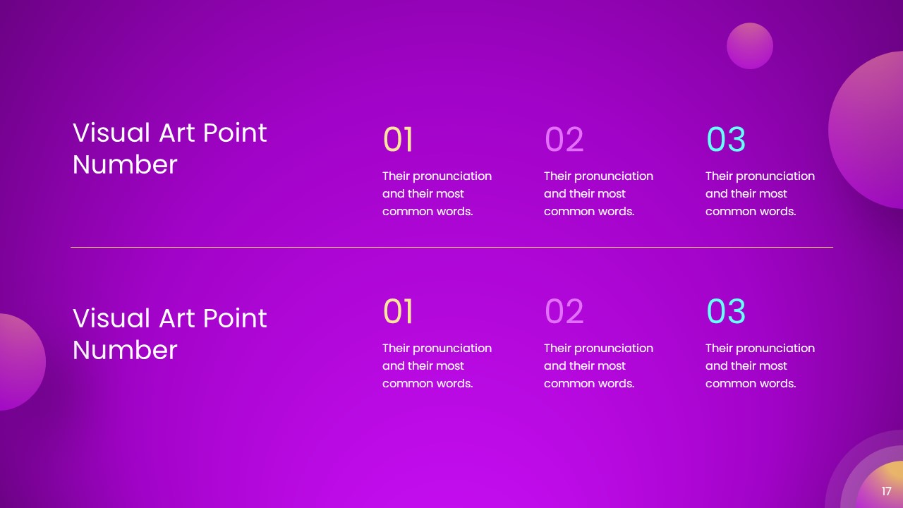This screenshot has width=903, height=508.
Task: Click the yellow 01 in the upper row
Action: point(398,140)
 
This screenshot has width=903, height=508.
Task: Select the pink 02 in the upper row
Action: point(564,140)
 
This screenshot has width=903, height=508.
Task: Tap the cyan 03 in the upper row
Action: point(726,140)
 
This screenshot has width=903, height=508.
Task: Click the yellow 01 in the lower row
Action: point(398,312)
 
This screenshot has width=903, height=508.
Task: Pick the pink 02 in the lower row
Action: point(564,312)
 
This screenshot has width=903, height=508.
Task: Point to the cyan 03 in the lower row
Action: point(726,312)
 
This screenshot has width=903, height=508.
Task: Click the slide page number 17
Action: point(887,492)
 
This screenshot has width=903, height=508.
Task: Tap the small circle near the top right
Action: point(750,46)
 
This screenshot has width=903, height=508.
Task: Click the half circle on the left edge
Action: point(21,362)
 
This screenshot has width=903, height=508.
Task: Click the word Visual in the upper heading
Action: point(111,133)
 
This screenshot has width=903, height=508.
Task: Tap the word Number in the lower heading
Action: point(125,350)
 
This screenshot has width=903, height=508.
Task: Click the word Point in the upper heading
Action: point(235,133)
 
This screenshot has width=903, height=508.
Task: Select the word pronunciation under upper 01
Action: point(452,176)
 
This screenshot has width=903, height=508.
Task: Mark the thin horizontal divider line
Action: point(451,248)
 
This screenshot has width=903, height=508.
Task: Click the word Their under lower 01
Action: point(396,348)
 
